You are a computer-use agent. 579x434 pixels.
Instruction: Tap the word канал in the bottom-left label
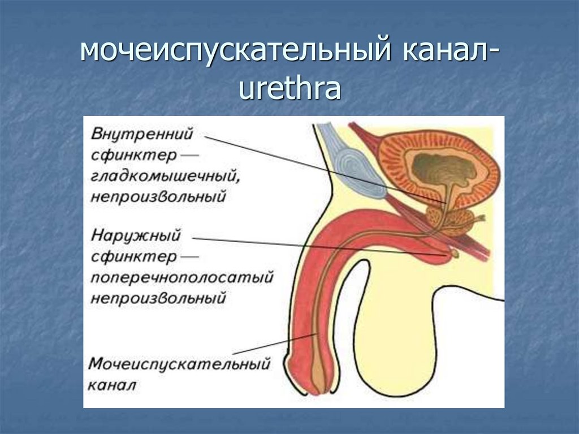112,385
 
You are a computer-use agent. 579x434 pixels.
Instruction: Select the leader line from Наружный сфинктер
317,247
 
